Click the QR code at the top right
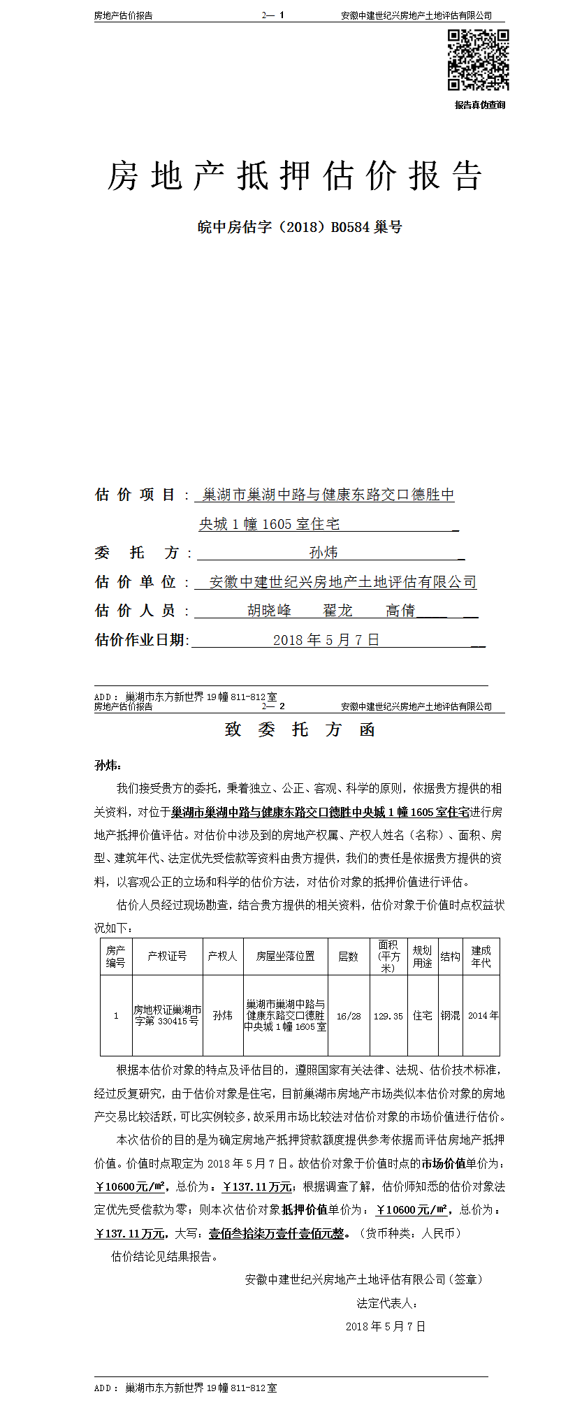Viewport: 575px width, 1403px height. coord(478,60)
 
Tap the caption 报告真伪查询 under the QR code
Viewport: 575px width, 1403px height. coord(479,106)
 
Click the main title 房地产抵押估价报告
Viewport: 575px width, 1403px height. coord(295,175)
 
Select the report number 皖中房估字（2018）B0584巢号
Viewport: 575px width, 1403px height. coord(300,227)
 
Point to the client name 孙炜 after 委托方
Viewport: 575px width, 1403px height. coord(323,553)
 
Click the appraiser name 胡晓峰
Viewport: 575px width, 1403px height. coord(270,611)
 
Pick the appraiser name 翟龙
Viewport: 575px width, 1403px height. coord(337,611)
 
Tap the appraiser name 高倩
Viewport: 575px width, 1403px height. coord(400,611)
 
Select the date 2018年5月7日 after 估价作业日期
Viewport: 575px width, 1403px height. coord(326,640)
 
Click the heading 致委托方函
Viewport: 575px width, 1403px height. coord(300,730)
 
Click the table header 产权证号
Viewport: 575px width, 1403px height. coord(167,957)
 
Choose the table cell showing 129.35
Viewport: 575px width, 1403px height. coord(388,1016)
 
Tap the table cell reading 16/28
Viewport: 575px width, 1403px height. coord(349,1016)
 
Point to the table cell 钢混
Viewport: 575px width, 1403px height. coord(451,1016)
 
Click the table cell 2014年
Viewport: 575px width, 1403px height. coord(483,1016)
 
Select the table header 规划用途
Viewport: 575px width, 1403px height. coord(422,957)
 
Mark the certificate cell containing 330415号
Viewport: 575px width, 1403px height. coord(167,1016)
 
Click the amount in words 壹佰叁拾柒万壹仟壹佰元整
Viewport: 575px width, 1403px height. coord(277,1233)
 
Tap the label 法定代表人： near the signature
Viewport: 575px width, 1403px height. coord(388,1303)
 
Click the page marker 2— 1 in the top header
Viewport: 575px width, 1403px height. coord(273,15)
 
